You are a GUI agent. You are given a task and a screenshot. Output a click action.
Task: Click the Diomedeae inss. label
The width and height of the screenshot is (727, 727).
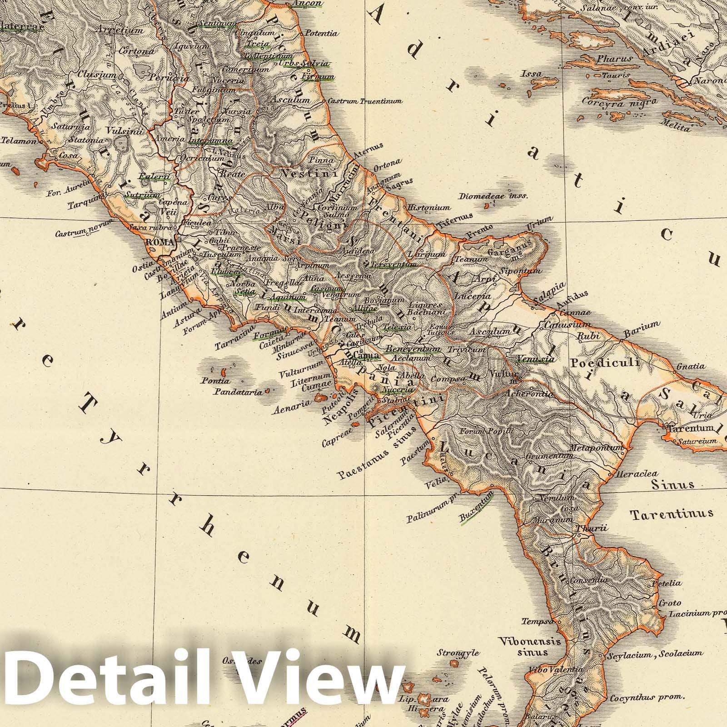[x=493, y=196]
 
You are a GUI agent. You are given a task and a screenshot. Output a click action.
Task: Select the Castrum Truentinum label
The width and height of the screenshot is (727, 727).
[x=364, y=101]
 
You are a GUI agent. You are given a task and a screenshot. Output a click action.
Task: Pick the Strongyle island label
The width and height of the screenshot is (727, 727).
[x=458, y=653]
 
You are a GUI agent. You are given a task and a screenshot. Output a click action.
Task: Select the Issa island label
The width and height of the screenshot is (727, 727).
[x=532, y=74]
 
